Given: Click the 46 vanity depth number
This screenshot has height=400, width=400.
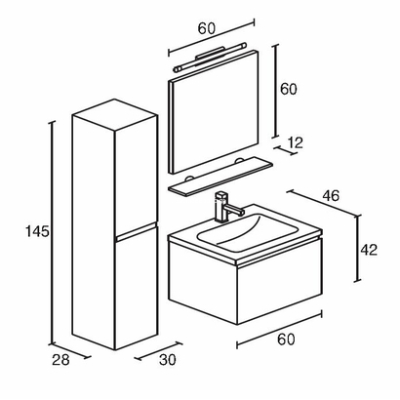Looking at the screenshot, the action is click(x=331, y=197).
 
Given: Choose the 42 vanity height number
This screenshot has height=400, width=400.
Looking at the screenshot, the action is click(x=368, y=250).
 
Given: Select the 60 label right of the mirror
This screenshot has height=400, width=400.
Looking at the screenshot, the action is click(x=288, y=89).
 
